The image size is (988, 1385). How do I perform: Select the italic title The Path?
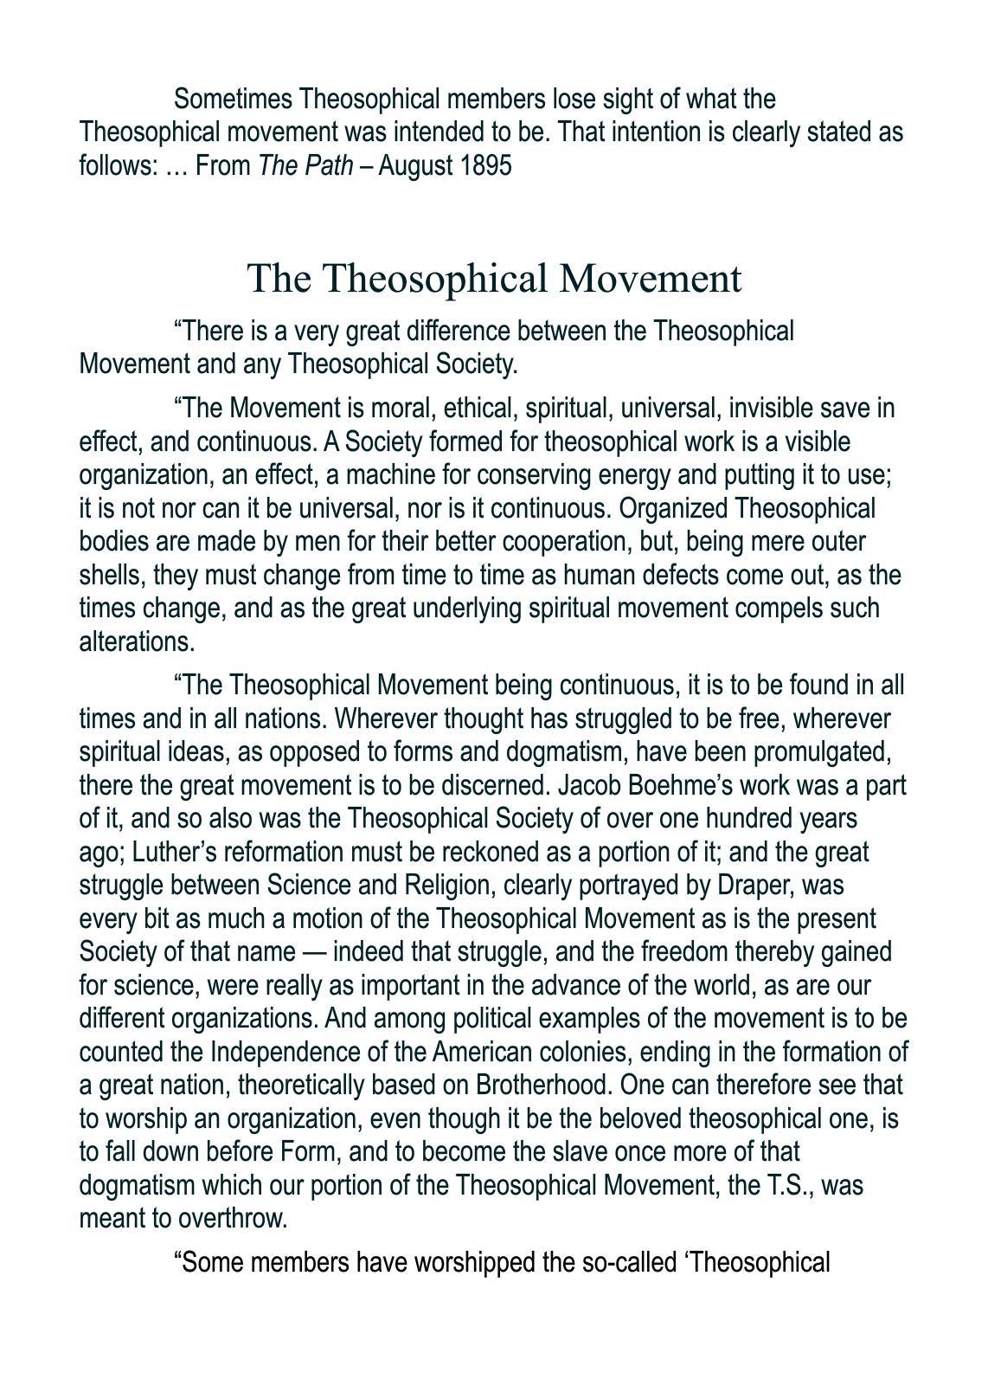(x=305, y=165)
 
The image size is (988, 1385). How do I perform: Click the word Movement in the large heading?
(x=651, y=279)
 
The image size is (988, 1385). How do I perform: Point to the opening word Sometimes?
(x=233, y=99)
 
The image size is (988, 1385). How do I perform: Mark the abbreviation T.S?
(x=789, y=1184)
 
